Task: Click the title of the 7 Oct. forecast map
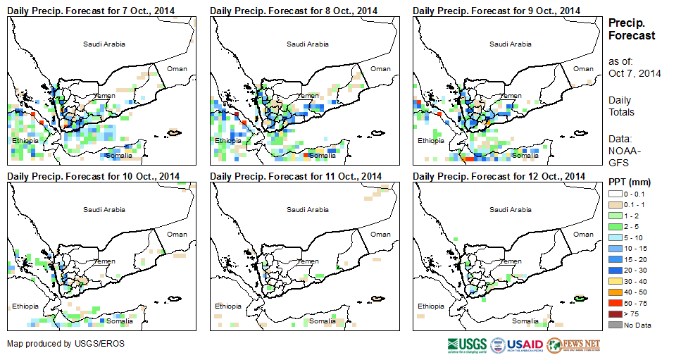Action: [91, 11]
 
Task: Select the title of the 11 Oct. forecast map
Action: [296, 176]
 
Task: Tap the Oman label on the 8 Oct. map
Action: [380, 68]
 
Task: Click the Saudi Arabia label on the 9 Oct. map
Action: [511, 44]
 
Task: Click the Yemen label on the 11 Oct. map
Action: [308, 261]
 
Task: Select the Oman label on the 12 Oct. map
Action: [583, 235]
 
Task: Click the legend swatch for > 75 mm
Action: [616, 314]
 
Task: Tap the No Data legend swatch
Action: [616, 324]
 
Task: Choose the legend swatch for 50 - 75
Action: [616, 302]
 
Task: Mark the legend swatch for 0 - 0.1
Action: [616, 193]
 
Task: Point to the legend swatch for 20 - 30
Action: [616, 270]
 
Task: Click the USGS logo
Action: [466, 345]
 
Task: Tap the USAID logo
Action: [517, 345]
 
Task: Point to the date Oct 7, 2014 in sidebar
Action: [635, 73]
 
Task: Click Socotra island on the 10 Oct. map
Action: [174, 298]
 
